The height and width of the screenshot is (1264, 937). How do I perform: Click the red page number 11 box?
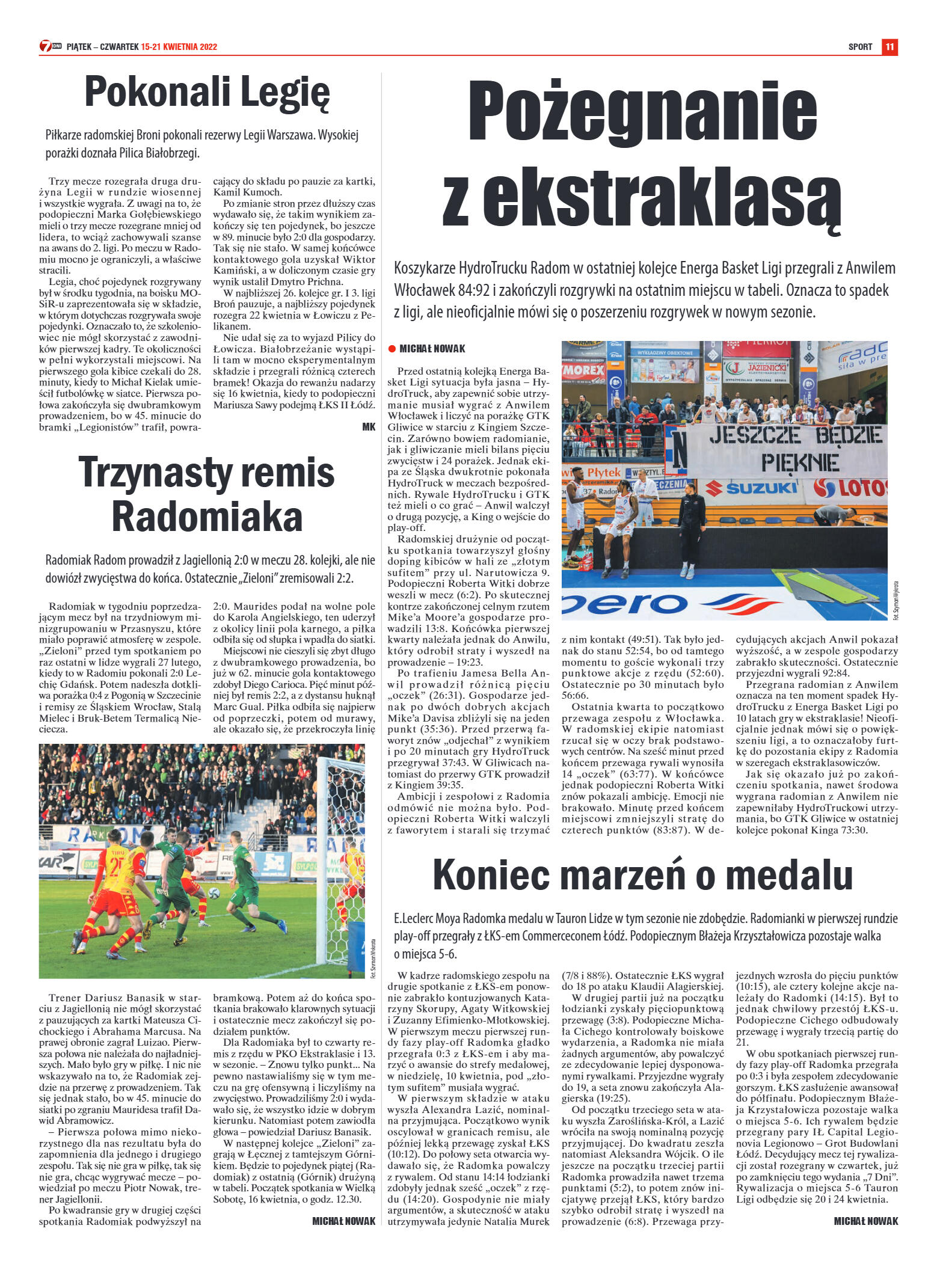pos(889,47)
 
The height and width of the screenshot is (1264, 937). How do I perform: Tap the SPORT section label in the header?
pos(860,47)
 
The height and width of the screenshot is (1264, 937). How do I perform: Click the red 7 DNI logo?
pos(50,46)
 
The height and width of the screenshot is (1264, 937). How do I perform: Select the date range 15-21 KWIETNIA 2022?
pos(179,47)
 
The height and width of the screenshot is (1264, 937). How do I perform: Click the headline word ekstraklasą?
pos(662,199)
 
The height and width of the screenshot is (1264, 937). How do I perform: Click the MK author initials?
pos(369,426)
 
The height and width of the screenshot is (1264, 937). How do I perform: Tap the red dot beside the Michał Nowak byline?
pos(392,349)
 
